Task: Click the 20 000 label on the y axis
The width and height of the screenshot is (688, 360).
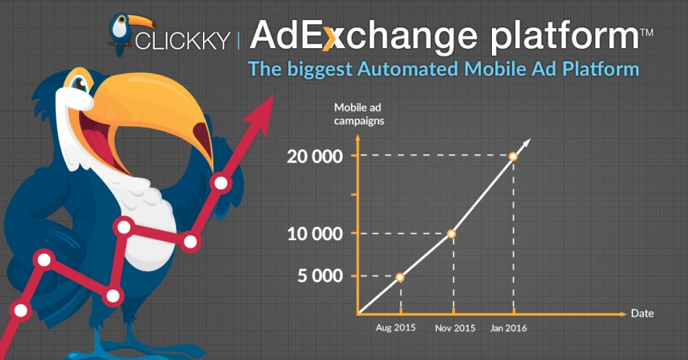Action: click(314, 156)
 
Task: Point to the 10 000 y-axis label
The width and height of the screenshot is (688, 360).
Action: click(314, 234)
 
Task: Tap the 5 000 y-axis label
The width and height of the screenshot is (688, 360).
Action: click(320, 276)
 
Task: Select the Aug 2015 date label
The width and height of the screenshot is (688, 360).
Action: click(396, 328)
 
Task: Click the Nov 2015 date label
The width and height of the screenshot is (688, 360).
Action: click(455, 328)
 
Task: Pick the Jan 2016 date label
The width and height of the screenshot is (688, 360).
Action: click(508, 328)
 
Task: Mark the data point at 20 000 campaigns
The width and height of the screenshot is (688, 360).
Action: click(513, 156)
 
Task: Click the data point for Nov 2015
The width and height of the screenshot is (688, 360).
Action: click(451, 234)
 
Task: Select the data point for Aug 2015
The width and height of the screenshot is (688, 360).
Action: click(400, 277)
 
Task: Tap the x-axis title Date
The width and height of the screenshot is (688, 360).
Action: click(643, 313)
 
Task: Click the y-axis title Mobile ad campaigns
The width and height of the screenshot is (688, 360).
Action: click(359, 114)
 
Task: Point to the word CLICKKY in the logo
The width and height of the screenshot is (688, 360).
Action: click(182, 41)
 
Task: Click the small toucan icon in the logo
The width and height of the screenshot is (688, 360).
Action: click(127, 34)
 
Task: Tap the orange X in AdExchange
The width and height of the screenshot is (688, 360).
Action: click(332, 37)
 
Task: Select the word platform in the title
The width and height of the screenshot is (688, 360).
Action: click(565, 37)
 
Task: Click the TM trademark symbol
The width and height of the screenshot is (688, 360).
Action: click(647, 32)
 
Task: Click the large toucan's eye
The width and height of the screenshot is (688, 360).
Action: click(79, 83)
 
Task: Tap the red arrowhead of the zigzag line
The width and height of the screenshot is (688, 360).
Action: click(260, 114)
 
